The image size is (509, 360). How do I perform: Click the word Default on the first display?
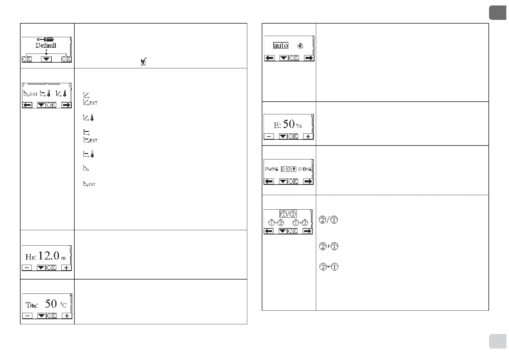46,46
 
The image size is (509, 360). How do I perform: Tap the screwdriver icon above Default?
45,39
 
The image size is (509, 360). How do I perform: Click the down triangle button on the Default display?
46,59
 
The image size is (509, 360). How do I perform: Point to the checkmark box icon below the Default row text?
144,62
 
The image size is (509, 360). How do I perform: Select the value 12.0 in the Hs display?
49,256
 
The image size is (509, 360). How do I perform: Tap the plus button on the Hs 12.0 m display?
66,268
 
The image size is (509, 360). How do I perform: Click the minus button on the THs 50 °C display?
27,316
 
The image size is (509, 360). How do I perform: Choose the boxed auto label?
280,46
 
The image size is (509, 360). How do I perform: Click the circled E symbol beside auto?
300,46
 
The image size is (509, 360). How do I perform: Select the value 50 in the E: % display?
289,124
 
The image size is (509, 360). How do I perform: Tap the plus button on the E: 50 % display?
308,136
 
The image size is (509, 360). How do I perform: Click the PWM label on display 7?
271,169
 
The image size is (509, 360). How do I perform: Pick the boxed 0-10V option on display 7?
288,169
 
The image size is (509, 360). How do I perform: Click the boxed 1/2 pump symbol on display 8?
288,214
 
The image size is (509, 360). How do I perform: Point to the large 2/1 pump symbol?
329,220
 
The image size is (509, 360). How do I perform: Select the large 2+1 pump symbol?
329,247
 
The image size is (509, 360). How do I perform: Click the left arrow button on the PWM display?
269,182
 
